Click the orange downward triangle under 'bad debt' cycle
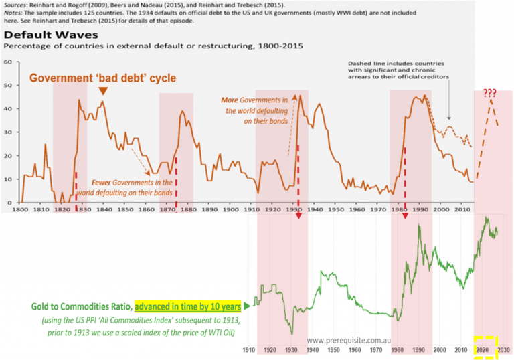pos(102,91)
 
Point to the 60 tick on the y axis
pos(8,62)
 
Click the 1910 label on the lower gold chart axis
pos(248,349)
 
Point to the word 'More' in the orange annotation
pos(230,100)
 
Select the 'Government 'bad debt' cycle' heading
pos(102,78)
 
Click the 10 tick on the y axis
pos(8,179)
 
